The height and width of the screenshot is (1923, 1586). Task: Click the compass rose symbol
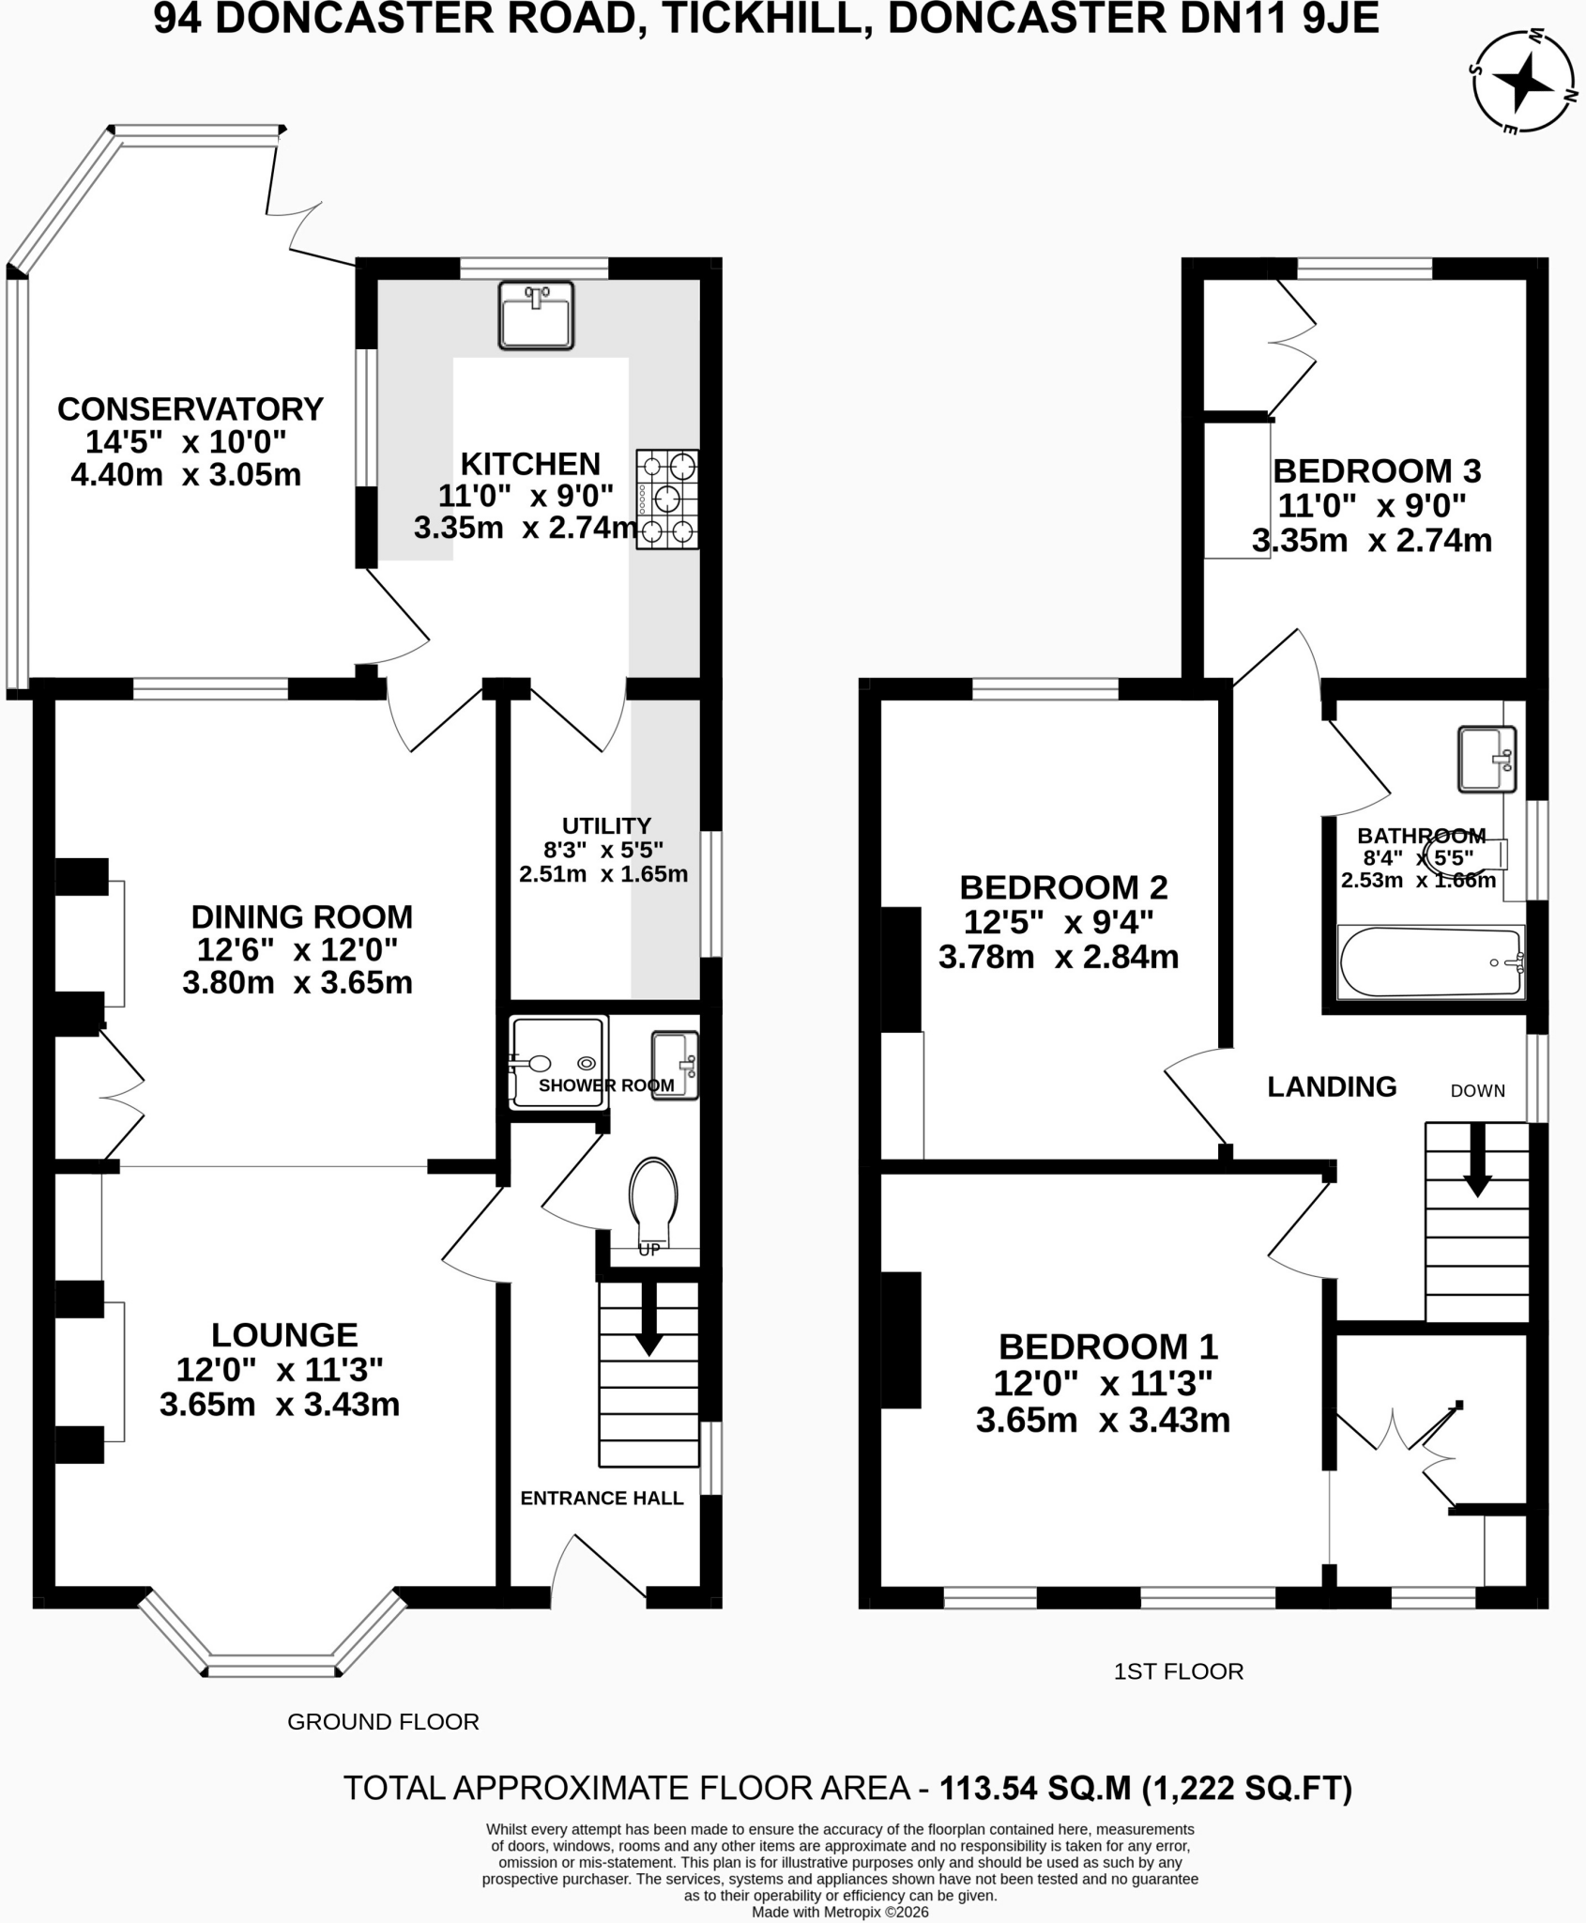click(1524, 82)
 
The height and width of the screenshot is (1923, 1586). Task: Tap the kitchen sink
click(536, 315)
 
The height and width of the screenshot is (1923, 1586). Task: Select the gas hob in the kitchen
click(667, 499)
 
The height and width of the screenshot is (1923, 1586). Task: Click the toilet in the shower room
click(654, 1207)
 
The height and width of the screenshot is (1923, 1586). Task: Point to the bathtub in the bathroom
click(1431, 962)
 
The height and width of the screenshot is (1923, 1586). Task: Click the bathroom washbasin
click(1487, 759)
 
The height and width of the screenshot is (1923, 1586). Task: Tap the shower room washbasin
click(676, 1066)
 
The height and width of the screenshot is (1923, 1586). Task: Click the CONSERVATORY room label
click(191, 409)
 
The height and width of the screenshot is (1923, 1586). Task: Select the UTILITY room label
click(606, 825)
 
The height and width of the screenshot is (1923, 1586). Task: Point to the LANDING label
click(1332, 1086)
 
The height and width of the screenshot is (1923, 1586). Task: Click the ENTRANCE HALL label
click(602, 1498)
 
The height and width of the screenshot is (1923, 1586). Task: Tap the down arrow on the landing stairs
click(1478, 1160)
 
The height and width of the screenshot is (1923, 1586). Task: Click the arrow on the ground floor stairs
click(648, 1318)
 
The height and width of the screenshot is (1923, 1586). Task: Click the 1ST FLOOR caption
click(1179, 1671)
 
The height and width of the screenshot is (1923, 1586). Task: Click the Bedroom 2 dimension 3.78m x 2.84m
click(1059, 957)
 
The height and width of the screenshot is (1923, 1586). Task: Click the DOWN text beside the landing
click(1478, 1090)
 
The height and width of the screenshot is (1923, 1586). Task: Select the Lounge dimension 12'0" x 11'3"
click(280, 1370)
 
